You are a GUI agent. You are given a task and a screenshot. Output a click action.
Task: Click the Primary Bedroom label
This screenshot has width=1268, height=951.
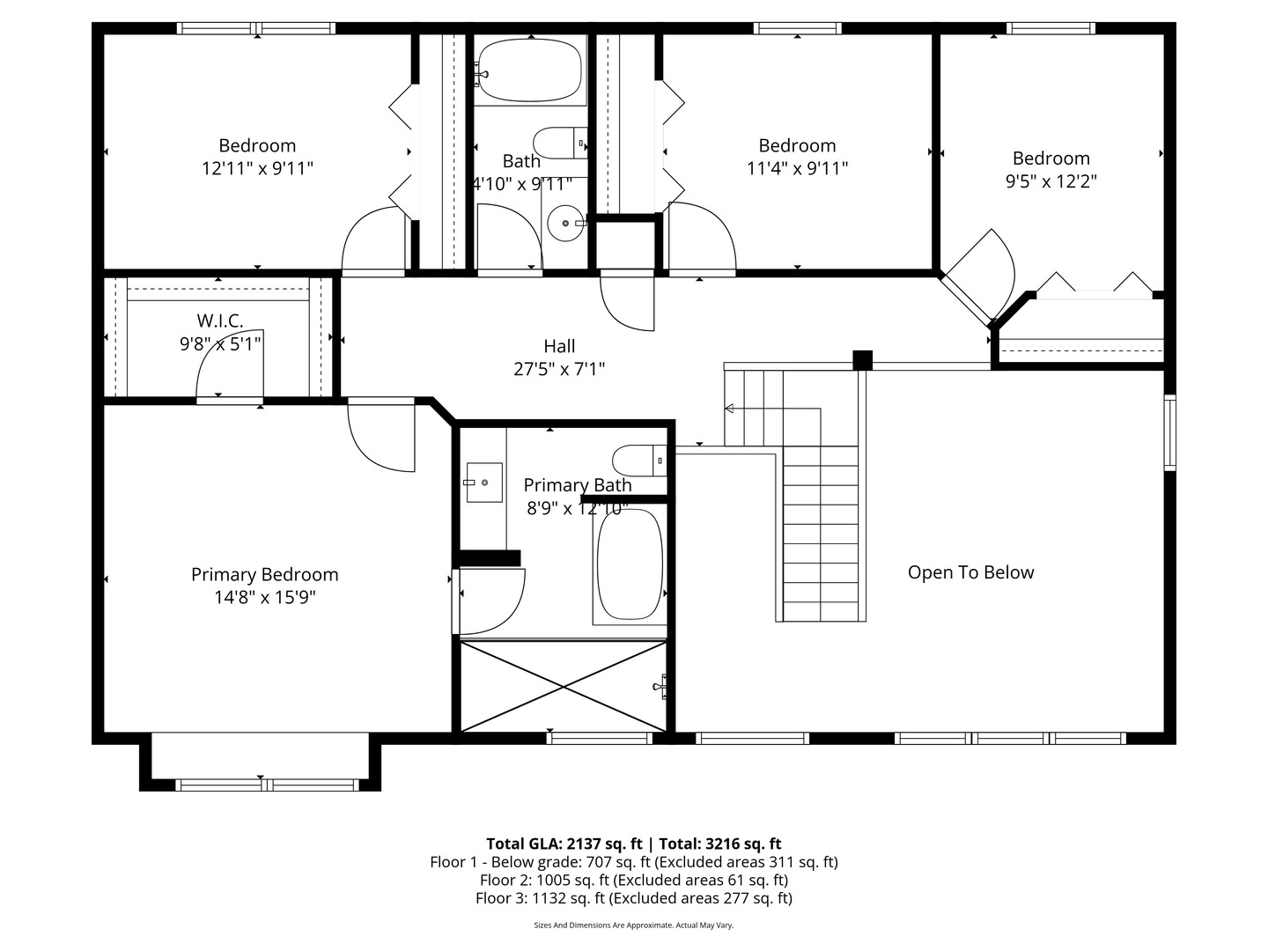(264, 574)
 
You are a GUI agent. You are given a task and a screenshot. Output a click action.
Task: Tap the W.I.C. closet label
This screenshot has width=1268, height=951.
(220, 321)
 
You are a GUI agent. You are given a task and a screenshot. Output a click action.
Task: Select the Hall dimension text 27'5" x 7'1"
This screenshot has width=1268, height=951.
(559, 369)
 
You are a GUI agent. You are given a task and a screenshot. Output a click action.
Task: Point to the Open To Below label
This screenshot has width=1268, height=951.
(970, 572)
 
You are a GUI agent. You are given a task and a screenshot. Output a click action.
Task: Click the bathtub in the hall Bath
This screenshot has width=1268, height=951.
(530, 70)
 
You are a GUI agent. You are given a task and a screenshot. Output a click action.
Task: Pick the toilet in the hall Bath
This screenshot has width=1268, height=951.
(560, 144)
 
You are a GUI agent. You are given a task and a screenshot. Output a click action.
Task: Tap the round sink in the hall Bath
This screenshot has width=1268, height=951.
(565, 223)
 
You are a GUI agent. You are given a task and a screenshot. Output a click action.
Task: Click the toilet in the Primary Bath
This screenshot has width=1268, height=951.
(639, 461)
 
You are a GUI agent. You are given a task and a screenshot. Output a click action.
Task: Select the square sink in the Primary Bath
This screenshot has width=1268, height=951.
(484, 483)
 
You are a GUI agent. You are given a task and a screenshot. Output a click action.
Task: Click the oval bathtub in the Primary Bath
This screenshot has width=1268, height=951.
(630, 564)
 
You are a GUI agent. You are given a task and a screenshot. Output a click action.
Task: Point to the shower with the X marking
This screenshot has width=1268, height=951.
(564, 687)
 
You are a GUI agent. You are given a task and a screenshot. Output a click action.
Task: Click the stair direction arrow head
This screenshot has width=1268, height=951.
(729, 409)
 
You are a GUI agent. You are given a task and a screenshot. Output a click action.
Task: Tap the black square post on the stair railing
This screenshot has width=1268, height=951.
(862, 360)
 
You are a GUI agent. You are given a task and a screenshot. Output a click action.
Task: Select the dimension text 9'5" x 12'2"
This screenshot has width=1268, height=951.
(1051, 181)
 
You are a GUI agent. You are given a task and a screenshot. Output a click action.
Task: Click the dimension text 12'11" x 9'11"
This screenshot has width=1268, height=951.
(257, 168)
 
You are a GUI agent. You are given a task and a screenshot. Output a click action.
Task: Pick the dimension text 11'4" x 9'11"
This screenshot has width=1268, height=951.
(797, 168)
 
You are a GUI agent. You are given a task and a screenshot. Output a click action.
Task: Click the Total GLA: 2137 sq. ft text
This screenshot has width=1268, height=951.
(564, 844)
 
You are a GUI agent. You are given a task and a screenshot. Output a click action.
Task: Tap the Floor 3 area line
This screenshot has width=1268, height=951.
(634, 898)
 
